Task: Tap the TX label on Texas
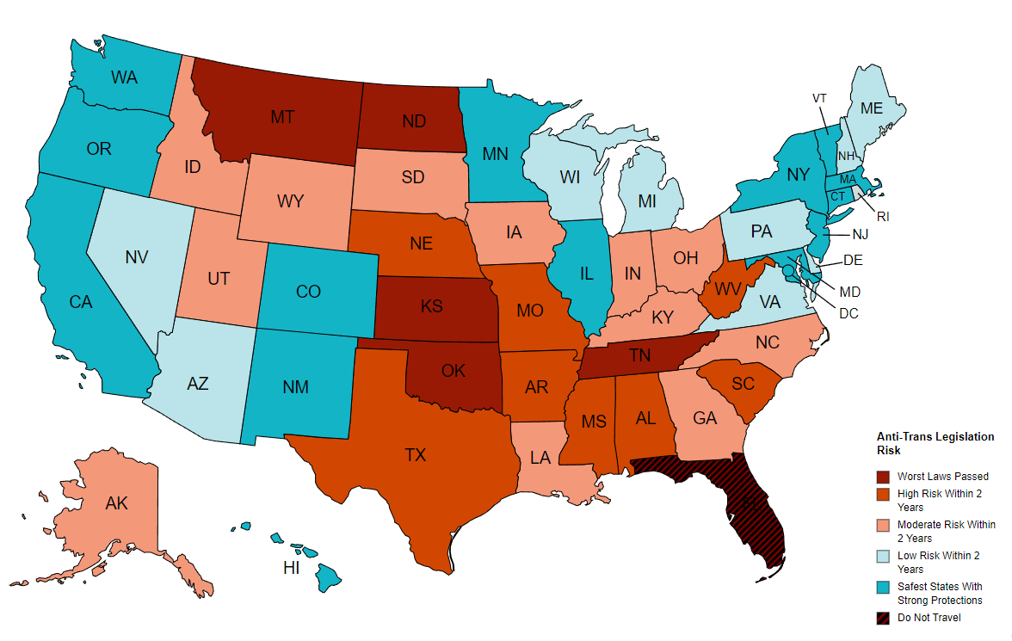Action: (x=416, y=455)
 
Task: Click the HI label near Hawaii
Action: (x=292, y=568)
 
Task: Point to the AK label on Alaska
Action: (x=116, y=503)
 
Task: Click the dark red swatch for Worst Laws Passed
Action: (x=883, y=477)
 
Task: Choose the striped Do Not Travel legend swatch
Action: (x=883, y=618)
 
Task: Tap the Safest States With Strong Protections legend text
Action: (x=940, y=594)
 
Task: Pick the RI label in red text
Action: (x=883, y=217)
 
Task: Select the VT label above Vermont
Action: (x=819, y=98)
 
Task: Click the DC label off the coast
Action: (x=848, y=313)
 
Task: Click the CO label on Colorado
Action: (x=308, y=292)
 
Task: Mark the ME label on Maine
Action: (x=872, y=108)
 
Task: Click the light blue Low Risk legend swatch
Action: (x=883, y=556)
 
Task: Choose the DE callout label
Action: (x=853, y=260)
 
